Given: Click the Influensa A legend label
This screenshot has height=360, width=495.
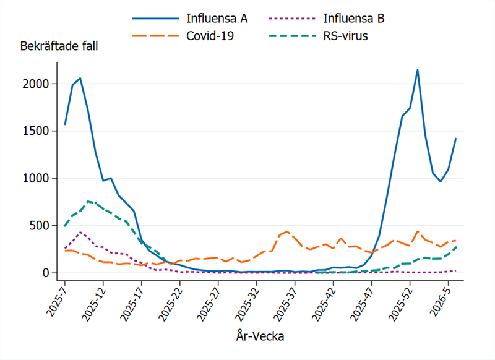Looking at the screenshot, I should (217, 18).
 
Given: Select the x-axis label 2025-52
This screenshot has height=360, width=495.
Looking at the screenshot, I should (398, 303).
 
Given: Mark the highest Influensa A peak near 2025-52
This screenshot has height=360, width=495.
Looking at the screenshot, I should (418, 70).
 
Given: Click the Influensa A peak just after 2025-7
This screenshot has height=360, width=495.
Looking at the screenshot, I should (80, 78).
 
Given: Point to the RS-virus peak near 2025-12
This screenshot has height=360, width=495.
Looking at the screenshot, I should (88, 201).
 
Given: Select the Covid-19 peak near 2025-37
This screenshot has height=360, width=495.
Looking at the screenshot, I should (288, 231).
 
